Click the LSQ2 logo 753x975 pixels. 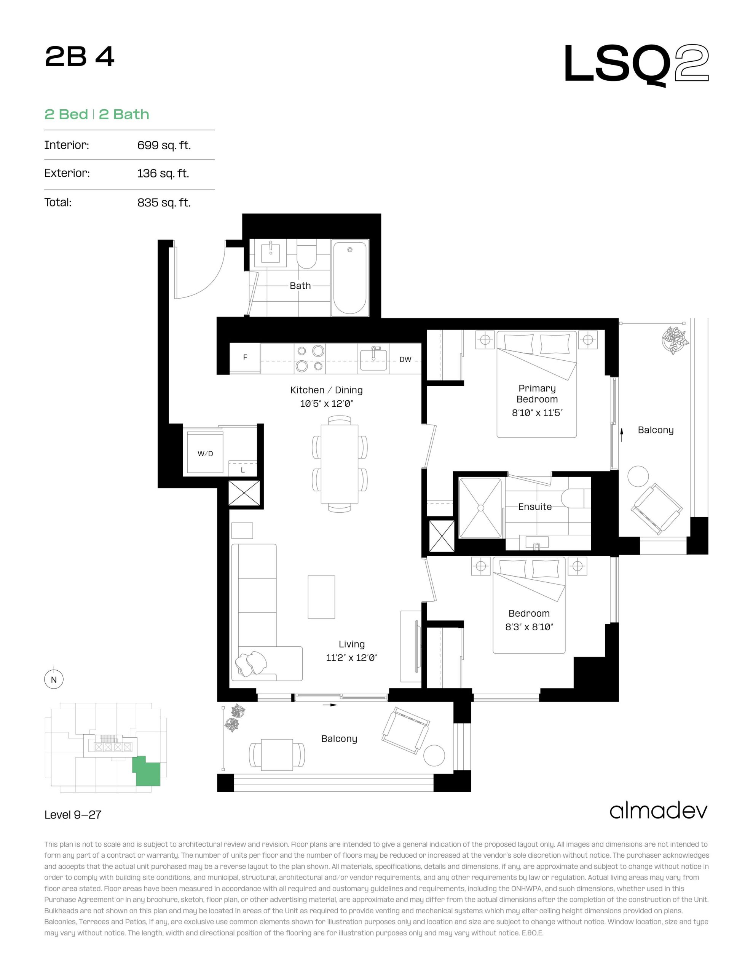click(x=636, y=65)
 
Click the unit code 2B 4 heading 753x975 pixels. click(x=80, y=57)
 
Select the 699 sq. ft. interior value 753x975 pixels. click(x=164, y=145)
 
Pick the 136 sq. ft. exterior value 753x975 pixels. click(x=163, y=173)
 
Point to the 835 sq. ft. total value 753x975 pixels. click(x=164, y=203)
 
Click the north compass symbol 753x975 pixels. click(x=54, y=679)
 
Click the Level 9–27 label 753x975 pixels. click(x=73, y=815)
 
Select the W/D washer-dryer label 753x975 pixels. click(x=205, y=454)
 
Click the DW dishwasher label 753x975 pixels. click(x=405, y=360)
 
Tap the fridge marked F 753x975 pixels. click(x=245, y=357)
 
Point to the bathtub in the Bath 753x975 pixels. click(x=350, y=278)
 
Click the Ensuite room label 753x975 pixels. click(x=535, y=507)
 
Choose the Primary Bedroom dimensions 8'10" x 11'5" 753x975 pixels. click(x=537, y=413)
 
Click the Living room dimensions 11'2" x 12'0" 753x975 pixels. click(x=352, y=658)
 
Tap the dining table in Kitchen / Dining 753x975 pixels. click(x=340, y=464)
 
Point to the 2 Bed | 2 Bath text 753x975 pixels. click(x=97, y=114)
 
